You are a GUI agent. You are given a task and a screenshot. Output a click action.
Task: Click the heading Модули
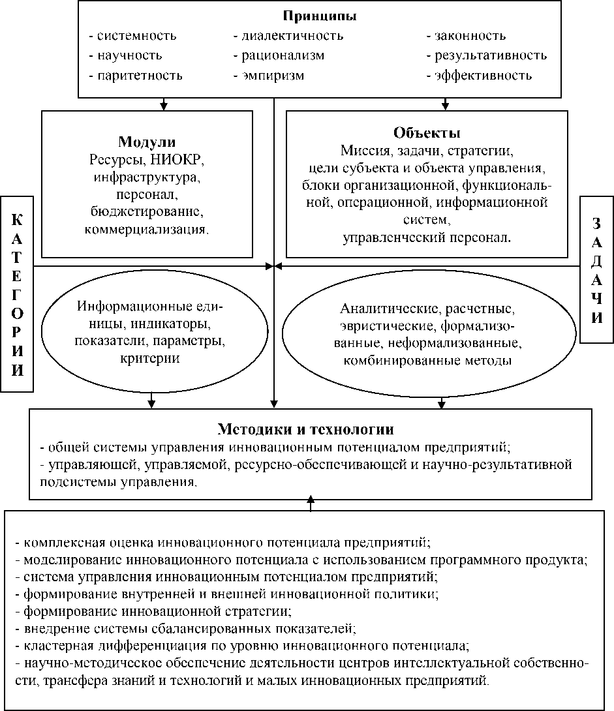(147, 142)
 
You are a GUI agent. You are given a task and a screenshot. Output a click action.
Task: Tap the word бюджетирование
(147, 212)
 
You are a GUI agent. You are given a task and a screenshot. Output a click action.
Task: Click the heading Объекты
(427, 134)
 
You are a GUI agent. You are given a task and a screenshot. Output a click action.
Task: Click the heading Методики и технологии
(305, 430)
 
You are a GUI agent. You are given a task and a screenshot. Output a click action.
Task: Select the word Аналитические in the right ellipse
(380, 307)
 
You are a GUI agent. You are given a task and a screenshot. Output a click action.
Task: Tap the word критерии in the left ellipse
(151, 358)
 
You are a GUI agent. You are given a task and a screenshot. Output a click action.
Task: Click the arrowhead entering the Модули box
(164, 106)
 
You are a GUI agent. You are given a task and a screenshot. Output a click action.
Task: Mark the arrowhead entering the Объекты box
(446, 105)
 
